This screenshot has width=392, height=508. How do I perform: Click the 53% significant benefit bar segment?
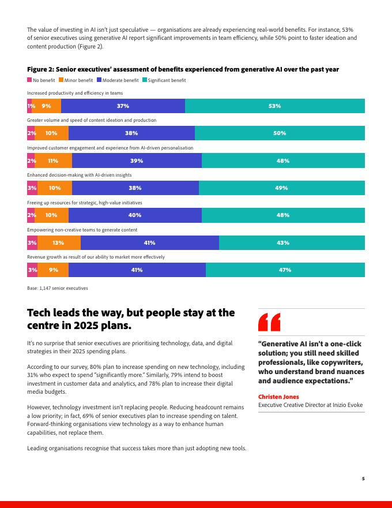(x=274, y=106)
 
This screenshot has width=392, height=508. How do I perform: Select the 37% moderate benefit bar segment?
(x=123, y=106)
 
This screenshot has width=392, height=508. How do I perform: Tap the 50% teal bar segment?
(x=280, y=133)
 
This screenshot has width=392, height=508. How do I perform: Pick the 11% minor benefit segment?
(x=53, y=161)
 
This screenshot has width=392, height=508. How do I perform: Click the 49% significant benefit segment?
(x=281, y=188)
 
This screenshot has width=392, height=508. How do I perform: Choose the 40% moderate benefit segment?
(x=135, y=215)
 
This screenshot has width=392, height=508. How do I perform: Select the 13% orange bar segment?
(x=58, y=243)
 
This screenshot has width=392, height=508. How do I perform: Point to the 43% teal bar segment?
(x=292, y=243)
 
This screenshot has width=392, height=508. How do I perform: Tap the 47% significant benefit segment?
(x=285, y=270)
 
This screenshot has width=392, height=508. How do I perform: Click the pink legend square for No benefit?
(x=29, y=80)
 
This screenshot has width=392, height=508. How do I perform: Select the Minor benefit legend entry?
(x=78, y=80)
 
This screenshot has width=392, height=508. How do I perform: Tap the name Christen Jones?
(x=279, y=397)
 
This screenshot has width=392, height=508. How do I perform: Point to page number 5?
(x=363, y=478)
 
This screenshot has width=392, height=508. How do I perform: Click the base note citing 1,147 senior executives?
(x=58, y=287)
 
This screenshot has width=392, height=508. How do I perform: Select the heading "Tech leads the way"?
(x=131, y=319)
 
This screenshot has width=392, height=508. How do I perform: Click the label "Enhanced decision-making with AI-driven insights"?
(x=79, y=175)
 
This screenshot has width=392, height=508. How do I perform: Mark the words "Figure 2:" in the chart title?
(x=40, y=69)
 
